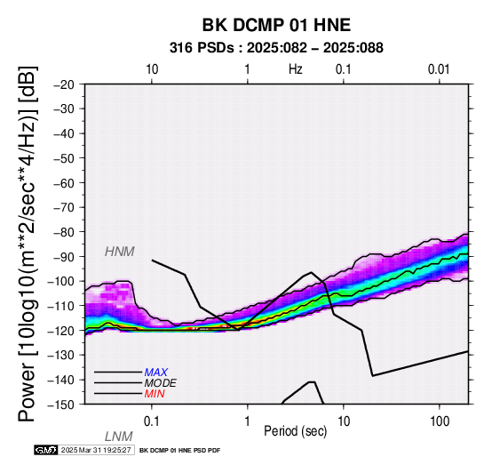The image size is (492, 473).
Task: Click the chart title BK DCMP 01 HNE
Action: coord(276,25)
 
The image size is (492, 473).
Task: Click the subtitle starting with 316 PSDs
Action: coord(276,48)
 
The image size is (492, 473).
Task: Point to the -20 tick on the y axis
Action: coord(64,84)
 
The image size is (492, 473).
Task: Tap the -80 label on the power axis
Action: coord(64,232)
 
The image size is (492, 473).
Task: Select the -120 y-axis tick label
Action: coord(61,331)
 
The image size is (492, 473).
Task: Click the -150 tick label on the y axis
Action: coord(61,405)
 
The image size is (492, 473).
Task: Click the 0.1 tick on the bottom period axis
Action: coord(152,421)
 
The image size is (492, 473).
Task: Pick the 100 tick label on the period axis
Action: coord(440,421)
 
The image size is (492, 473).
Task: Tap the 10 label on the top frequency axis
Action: coord(152,69)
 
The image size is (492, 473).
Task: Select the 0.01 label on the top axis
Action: coord(439,69)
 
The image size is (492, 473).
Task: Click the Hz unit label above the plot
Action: coord(295,69)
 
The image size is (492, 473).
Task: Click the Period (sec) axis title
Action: coord(295,431)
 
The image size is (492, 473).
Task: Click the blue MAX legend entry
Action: coord(156,373)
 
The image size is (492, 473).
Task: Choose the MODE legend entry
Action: coord(161,383)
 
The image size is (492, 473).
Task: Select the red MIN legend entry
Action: coord(155,394)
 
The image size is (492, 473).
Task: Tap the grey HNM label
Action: coord(120,252)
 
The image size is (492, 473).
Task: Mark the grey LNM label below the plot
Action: coord(119,437)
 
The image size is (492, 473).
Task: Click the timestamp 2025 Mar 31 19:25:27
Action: coord(96,450)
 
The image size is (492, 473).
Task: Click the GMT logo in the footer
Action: coord(46,450)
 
